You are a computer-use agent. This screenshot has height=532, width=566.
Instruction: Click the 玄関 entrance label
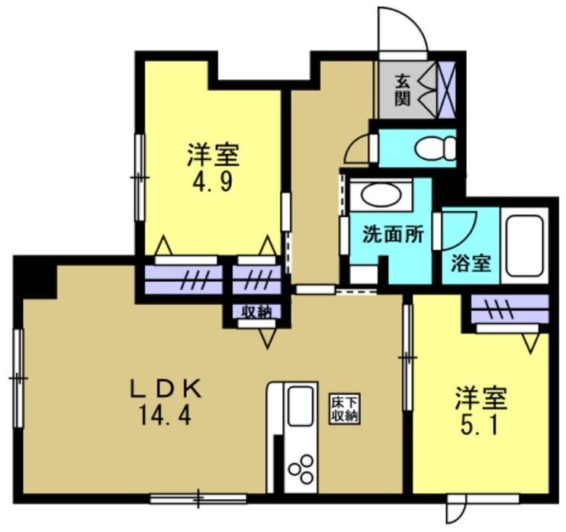pos(401,89)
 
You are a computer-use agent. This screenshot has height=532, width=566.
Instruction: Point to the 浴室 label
pos(470,264)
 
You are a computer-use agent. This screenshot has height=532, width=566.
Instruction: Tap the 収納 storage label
pos(257,311)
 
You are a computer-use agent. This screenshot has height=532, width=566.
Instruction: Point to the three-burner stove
pos(300,467)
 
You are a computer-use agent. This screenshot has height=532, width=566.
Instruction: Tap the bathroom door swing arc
pos(461,226)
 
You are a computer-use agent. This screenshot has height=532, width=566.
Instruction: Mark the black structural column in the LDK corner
pos(36,279)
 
